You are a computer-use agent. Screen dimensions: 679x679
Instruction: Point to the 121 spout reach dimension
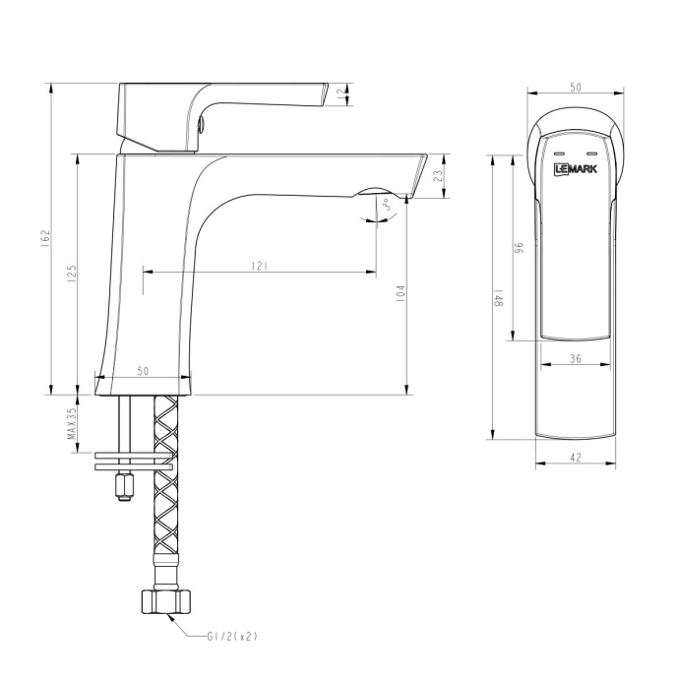click(259, 267)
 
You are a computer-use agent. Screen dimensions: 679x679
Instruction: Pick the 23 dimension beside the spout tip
click(439, 176)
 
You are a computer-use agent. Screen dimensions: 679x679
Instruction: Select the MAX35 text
click(71, 429)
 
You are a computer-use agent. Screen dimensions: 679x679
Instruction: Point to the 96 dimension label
click(518, 248)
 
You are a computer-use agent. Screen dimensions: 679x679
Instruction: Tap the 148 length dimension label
click(499, 299)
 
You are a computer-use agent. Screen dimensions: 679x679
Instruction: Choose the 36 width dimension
click(575, 359)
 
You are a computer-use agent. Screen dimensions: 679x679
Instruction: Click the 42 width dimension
click(576, 457)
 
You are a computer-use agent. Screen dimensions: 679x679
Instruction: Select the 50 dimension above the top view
click(576, 88)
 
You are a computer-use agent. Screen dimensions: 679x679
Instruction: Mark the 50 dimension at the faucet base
click(143, 371)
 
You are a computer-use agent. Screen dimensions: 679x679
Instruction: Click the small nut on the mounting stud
click(124, 485)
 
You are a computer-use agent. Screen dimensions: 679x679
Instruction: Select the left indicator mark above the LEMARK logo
click(558, 155)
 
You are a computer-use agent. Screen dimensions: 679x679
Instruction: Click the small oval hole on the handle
click(203, 123)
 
